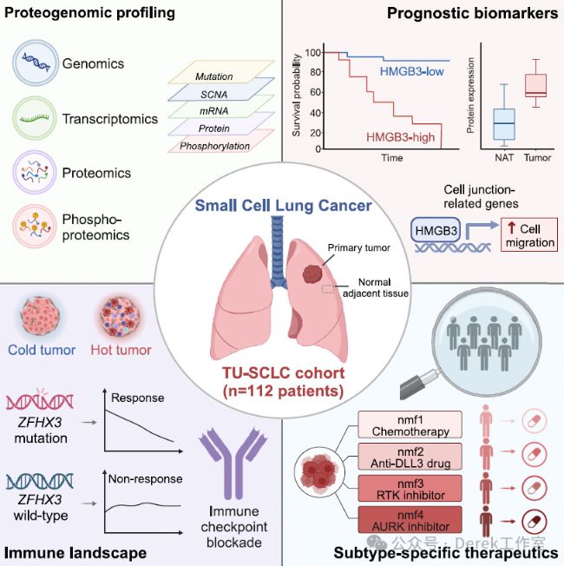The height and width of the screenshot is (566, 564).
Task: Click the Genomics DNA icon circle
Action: [x=36, y=63]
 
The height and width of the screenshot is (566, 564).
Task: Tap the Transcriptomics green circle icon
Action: [x=35, y=118]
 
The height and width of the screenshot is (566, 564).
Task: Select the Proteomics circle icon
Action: [x=35, y=172]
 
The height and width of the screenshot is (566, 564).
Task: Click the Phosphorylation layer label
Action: [x=214, y=146]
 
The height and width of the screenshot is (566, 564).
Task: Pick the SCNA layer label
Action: [x=214, y=95]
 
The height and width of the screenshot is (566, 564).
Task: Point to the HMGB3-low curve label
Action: [x=412, y=71]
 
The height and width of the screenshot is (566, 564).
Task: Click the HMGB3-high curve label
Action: [x=401, y=137]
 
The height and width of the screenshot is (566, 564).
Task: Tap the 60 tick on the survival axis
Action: [x=315, y=92]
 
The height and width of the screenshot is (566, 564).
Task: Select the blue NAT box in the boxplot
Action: [x=504, y=124]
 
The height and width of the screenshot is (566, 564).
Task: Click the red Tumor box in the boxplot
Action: [x=535, y=86]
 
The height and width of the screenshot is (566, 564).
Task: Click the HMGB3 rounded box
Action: [x=436, y=230]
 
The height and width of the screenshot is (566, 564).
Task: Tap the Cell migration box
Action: [x=529, y=234]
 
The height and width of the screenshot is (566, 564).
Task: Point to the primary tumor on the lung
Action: [x=312, y=274]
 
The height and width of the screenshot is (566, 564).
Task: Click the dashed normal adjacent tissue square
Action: [x=328, y=289]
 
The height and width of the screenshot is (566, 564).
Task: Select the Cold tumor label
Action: [x=42, y=350]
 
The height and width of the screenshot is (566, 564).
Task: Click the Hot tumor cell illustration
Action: [x=120, y=317]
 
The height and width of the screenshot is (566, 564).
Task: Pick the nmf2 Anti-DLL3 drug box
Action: [x=410, y=457]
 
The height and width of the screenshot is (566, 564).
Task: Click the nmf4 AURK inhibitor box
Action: [x=410, y=520]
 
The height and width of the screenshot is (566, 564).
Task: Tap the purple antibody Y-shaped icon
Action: [x=233, y=463]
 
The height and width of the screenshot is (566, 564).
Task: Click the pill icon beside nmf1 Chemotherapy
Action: [x=534, y=421]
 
